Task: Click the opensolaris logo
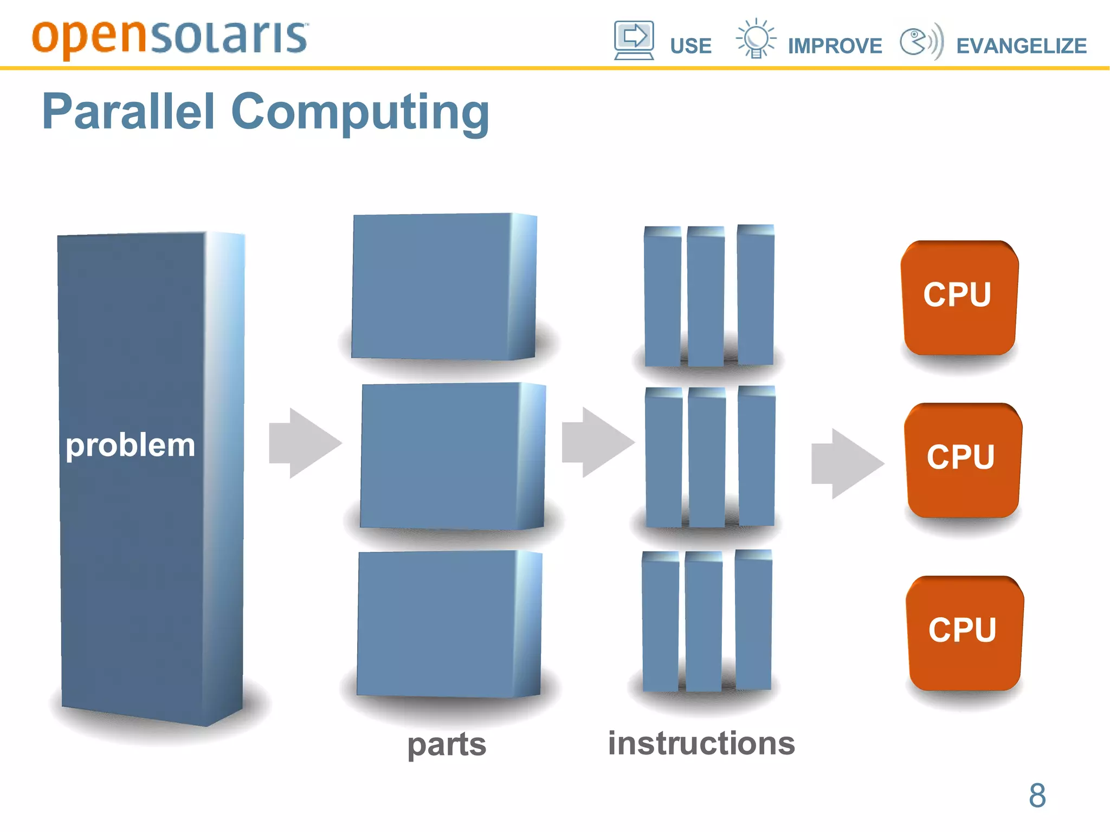[x=170, y=38]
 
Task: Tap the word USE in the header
[x=690, y=46]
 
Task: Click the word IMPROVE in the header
[x=835, y=46]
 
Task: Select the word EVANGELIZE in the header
[x=1021, y=46]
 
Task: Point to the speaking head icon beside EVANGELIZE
[x=921, y=41]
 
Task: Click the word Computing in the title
[x=360, y=112]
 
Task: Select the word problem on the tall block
[x=130, y=446]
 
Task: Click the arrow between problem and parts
[x=305, y=443]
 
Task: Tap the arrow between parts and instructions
[x=597, y=442]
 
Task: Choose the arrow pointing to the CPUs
[x=847, y=463]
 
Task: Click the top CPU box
[x=958, y=297]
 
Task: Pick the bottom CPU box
[x=964, y=632]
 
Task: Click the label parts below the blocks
[x=447, y=744]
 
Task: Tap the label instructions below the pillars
[x=701, y=743]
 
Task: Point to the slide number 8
[x=1037, y=795]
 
